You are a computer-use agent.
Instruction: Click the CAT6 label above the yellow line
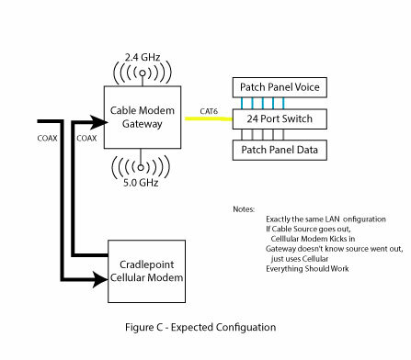209,111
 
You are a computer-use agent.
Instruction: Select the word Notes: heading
244,209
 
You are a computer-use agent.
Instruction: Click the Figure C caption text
200,327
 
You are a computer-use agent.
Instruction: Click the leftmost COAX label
48,139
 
